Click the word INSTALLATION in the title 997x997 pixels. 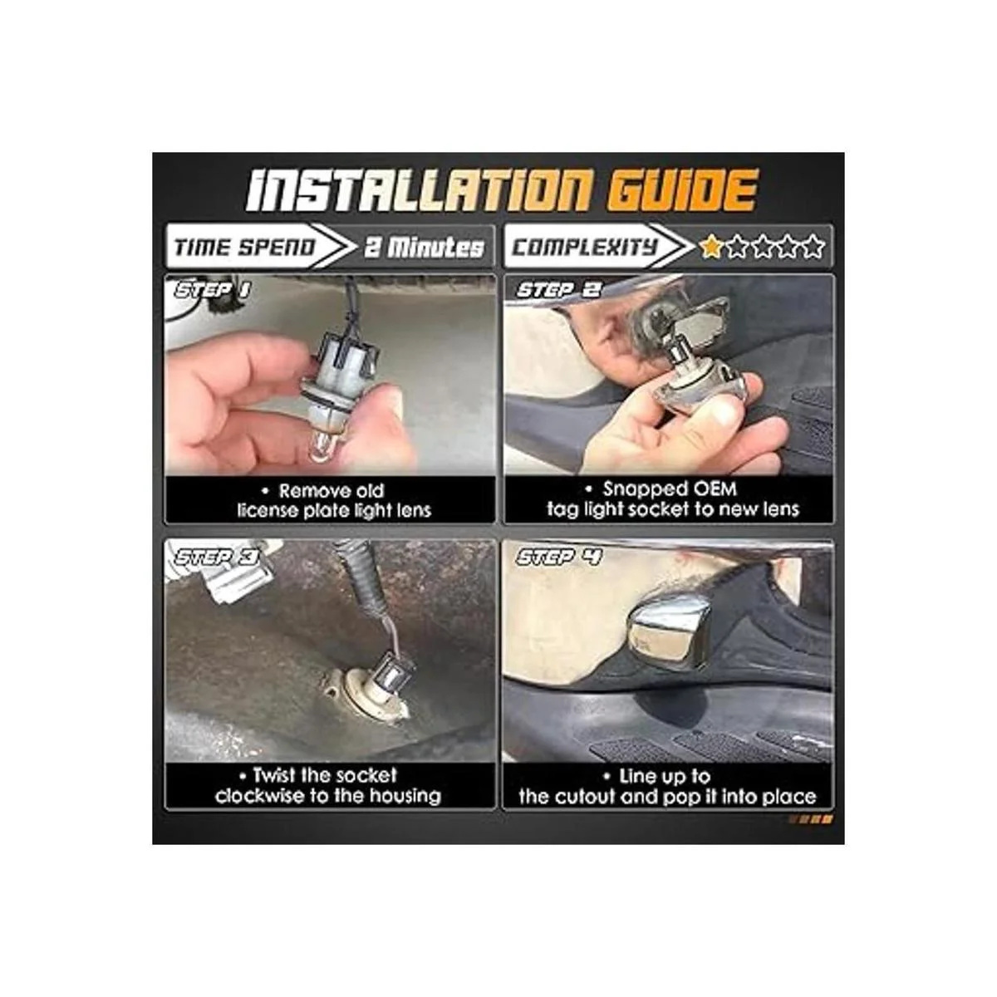point(418,190)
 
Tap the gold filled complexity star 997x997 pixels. point(711,247)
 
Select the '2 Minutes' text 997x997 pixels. point(425,248)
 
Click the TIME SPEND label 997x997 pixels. point(245,248)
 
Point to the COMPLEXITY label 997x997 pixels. point(585,248)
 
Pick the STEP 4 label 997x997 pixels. point(559,557)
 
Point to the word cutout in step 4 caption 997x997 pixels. point(588,796)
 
